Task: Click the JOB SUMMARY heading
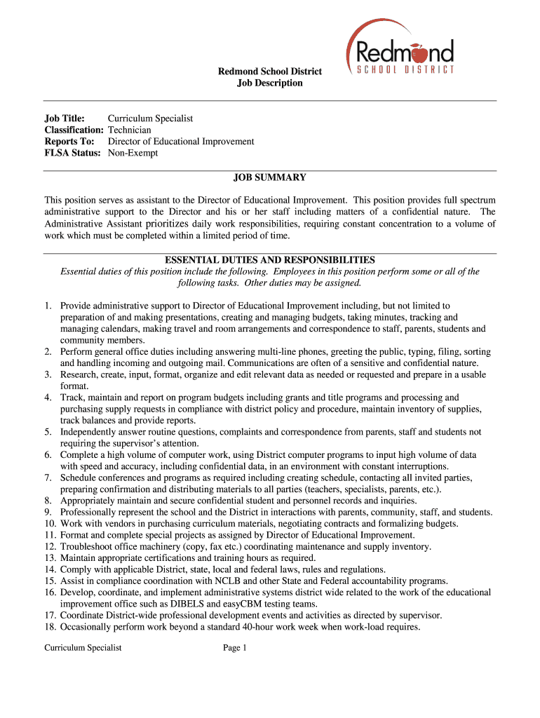[x=270, y=178]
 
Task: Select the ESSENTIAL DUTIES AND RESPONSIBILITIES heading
[x=270, y=260]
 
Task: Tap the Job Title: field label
[x=65, y=118]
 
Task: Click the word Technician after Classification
[x=129, y=130]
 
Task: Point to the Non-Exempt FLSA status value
[x=133, y=153]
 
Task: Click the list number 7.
[x=48, y=478]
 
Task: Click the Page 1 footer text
[x=236, y=648]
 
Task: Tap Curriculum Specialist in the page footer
[x=83, y=648]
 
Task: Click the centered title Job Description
[x=270, y=83]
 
